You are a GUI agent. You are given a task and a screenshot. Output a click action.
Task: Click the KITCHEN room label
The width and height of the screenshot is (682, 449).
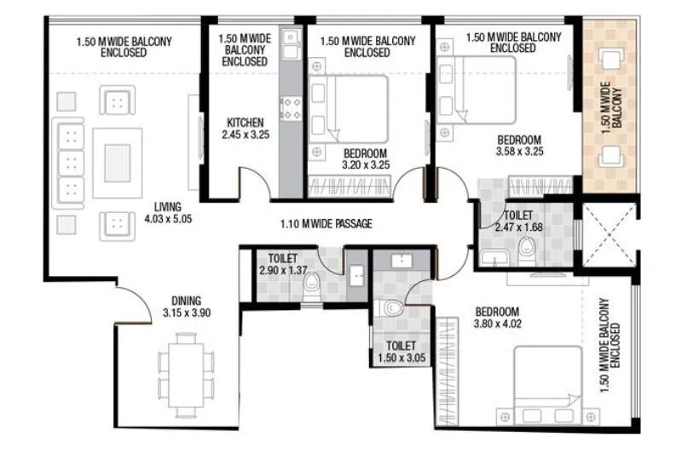(x=245, y=121)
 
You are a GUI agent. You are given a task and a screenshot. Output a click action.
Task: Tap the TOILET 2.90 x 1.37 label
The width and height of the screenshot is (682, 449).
(x=281, y=263)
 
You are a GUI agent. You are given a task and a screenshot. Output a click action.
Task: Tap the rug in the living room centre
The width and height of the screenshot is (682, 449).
(x=117, y=158)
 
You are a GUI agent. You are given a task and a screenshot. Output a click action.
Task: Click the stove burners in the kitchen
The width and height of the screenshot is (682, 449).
(x=291, y=108)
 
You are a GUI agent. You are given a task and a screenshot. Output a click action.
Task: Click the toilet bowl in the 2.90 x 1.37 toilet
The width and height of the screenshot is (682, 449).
(x=313, y=281)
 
